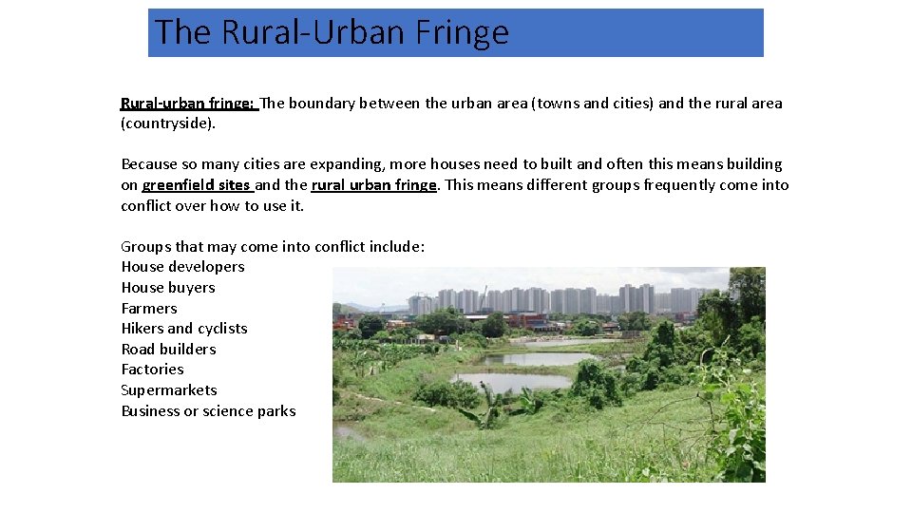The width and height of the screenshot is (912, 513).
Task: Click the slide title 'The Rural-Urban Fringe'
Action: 332,32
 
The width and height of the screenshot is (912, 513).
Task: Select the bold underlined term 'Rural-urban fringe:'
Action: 187,104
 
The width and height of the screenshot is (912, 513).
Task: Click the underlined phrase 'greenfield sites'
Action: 196,185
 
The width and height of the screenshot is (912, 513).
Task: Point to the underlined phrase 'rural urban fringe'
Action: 373,185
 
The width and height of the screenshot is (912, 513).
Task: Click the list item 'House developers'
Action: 182,267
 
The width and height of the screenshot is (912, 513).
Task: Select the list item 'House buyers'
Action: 168,288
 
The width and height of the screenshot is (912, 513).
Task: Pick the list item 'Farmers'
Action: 149,309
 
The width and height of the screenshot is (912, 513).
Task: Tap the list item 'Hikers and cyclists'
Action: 184,329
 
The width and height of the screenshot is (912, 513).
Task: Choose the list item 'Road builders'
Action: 168,350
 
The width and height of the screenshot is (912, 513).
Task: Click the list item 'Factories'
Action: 152,370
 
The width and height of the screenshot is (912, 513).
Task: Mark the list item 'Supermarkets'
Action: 169,390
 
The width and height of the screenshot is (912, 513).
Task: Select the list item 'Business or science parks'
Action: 208,411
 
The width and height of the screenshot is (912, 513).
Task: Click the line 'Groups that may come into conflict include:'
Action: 273,247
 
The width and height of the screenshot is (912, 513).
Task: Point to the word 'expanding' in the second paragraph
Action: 317,164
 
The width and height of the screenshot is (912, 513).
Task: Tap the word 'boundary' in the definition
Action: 321,104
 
